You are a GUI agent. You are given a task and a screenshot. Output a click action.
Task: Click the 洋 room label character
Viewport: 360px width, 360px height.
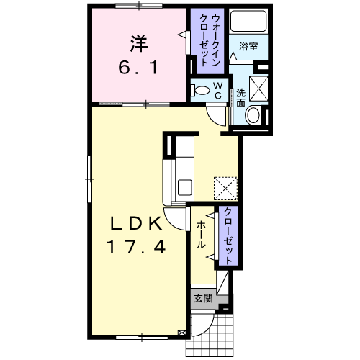139,44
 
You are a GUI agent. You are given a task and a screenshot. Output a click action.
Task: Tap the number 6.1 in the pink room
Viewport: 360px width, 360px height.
138,68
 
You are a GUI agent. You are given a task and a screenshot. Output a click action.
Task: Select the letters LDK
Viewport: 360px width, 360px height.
135,223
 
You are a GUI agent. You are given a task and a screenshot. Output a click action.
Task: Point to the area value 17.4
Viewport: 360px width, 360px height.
136,247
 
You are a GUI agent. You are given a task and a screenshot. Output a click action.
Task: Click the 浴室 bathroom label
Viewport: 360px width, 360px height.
248,46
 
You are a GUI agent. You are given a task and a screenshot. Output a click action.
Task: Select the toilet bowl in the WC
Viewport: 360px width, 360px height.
201,91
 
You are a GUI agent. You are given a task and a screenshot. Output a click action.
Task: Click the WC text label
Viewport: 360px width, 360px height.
217,91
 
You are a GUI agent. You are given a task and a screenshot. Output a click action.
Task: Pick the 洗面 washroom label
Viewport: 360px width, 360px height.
240,97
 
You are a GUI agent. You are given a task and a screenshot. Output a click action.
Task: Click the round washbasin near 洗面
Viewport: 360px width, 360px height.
253,115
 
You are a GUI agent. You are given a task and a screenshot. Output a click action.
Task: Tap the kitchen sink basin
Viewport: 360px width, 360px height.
184,187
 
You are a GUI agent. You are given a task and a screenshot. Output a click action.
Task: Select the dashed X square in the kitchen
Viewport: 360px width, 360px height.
225,189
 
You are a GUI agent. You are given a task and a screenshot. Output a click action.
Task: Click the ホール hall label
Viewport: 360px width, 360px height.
201,235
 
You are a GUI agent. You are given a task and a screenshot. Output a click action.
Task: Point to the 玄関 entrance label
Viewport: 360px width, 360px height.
203,299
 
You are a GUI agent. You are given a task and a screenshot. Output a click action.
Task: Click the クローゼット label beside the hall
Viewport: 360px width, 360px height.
228,236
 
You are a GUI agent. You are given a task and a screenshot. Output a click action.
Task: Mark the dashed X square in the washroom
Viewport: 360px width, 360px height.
258,89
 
